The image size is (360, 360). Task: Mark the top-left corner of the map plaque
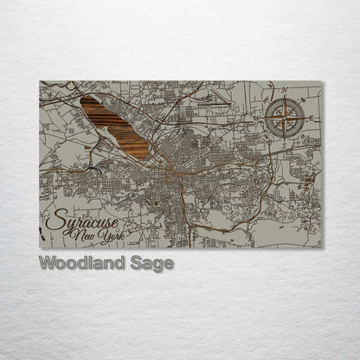click(40, 81)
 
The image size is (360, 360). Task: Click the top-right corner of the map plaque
click(322, 81)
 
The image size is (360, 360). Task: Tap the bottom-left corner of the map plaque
click(40, 248)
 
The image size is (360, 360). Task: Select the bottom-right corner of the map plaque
click(322, 248)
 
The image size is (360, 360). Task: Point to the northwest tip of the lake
click(83, 98)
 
